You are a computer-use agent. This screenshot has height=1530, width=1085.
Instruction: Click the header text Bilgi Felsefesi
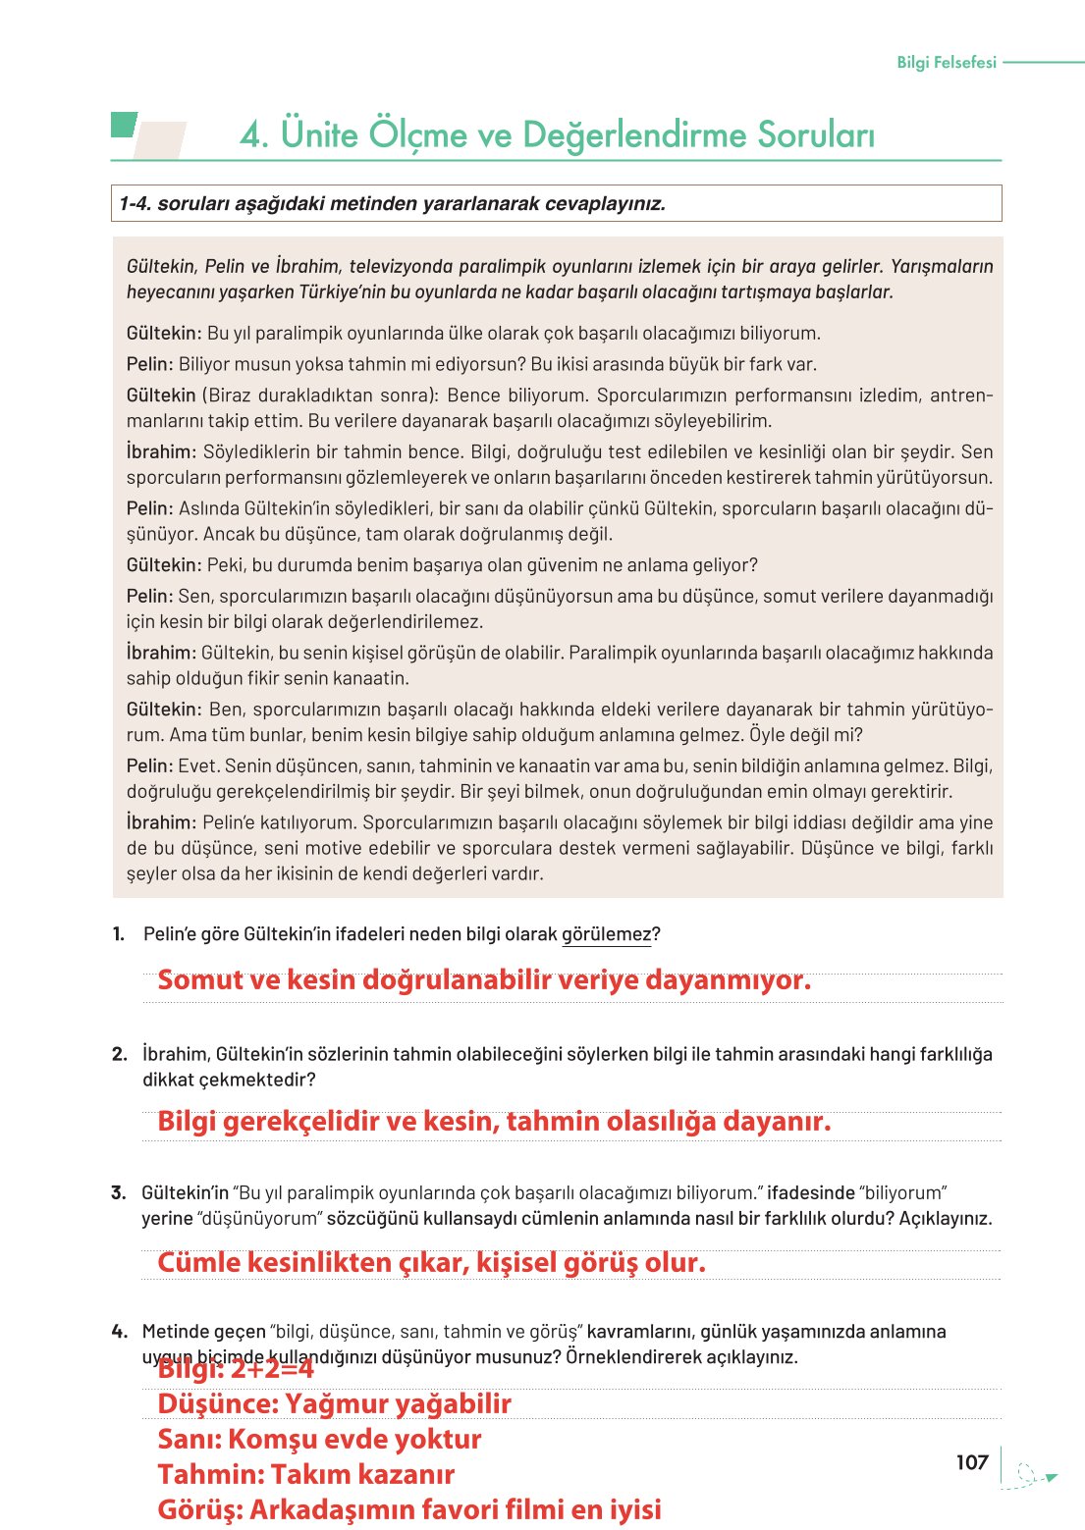946,62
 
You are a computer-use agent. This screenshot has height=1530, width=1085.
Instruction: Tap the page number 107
971,1462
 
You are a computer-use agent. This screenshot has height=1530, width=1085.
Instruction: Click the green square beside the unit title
123,125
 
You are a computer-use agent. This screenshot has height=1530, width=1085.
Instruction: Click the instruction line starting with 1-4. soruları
392,204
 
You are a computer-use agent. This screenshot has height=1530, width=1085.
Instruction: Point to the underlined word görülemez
606,934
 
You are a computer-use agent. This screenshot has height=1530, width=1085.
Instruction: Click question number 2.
119,1054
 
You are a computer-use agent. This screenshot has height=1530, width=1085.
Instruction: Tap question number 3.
119,1192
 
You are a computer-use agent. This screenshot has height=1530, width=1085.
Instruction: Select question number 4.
119,1332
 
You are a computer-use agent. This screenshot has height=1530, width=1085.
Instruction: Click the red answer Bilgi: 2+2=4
236,1369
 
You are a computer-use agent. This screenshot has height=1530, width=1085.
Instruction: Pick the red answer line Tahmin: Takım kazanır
305,1474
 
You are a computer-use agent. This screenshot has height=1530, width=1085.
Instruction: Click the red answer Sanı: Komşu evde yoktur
319,1439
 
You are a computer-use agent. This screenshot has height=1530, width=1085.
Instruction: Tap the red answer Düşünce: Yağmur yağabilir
334,1403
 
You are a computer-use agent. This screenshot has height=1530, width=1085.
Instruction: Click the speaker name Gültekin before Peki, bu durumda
163,565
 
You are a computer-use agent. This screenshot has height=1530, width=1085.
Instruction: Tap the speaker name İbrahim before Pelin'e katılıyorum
161,822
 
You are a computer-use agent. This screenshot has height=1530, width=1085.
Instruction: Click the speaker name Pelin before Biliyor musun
149,364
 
